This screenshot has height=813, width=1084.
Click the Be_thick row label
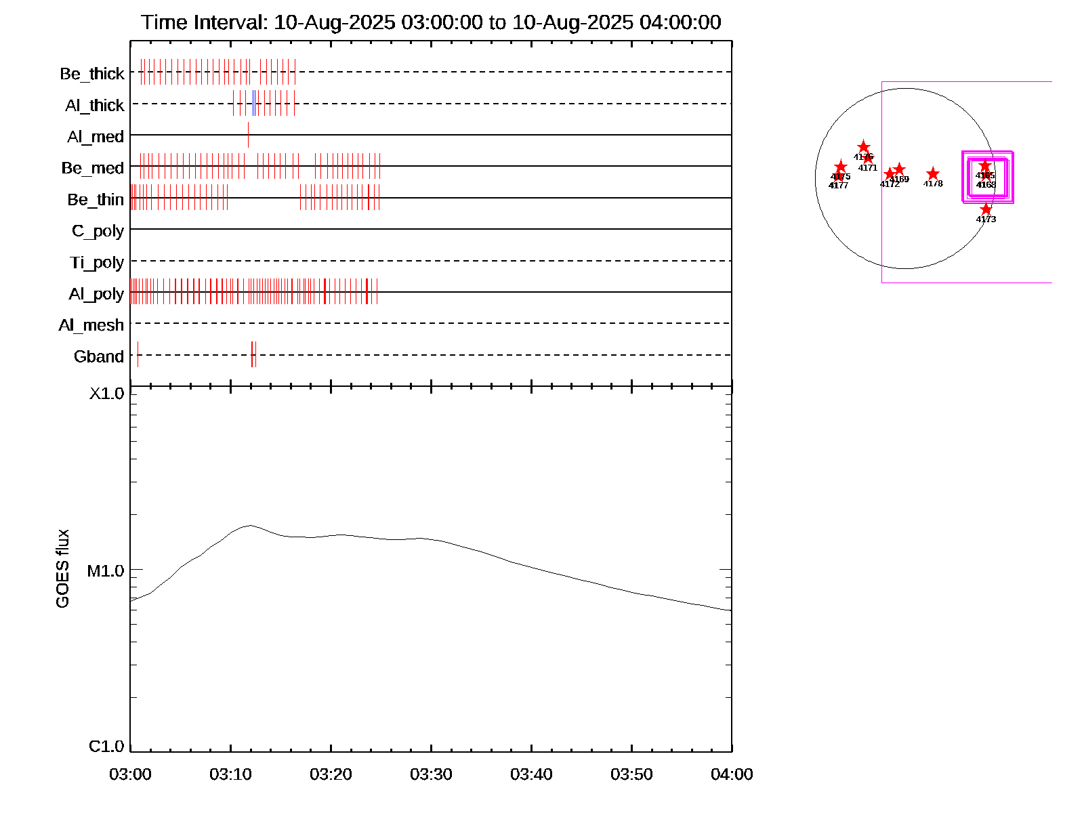(92, 73)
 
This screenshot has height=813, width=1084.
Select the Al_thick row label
(95, 105)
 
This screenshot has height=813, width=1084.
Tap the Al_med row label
(96, 137)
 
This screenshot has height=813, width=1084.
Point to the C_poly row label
(98, 231)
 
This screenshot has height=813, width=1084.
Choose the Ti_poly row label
(97, 262)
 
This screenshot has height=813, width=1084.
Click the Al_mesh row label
(91, 325)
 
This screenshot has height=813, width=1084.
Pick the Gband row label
(99, 356)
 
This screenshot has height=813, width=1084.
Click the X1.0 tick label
(107, 394)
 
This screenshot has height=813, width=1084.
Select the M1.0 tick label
(106, 571)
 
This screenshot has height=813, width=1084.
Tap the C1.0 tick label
(106, 747)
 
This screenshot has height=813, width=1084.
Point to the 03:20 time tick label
(331, 774)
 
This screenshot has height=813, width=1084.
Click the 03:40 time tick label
(531, 774)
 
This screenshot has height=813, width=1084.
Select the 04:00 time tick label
(732, 774)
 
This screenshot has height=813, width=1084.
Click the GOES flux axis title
(62, 569)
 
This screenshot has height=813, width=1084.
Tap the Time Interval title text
(431, 22)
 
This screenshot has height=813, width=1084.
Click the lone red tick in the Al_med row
(248, 135)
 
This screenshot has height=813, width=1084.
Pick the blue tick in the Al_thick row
(253, 103)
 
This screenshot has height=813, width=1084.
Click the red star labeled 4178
(933, 174)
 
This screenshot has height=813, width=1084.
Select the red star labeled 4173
(986, 209)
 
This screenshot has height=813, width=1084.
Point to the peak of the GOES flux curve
(250, 525)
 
